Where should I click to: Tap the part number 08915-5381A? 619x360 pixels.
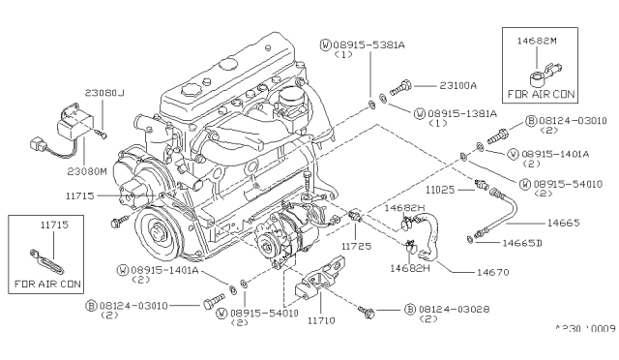point(361,45)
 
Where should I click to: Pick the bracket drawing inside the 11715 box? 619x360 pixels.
point(45,260)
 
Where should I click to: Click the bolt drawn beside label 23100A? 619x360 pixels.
point(407,87)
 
